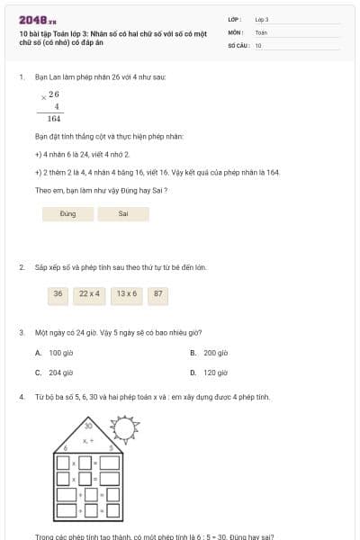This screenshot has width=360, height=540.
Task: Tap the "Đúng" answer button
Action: point(67,214)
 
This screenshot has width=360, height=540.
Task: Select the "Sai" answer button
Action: point(123,214)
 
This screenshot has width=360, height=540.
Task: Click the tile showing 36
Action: point(58,293)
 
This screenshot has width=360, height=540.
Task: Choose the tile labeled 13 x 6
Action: point(127,293)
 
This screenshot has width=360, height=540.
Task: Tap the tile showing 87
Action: point(158,293)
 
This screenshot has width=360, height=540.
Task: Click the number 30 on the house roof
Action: point(88,425)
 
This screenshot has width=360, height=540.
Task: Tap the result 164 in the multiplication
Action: point(54,119)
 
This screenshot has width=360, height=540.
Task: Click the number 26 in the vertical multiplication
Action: point(54,94)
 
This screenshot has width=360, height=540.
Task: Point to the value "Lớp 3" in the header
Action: point(262,19)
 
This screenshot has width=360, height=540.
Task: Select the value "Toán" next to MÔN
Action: point(261,31)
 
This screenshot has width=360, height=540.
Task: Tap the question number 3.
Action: point(22,332)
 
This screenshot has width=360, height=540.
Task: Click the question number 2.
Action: point(22,267)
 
